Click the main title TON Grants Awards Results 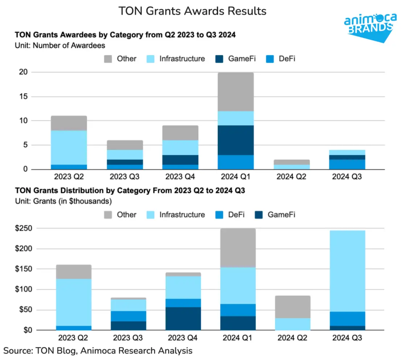[x=192, y=11]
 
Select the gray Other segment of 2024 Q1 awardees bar [x=235, y=92]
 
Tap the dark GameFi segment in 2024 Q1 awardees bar [x=235, y=140]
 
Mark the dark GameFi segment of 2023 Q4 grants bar [x=183, y=319]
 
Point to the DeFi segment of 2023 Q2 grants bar [x=73, y=328]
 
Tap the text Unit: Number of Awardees [x=60, y=45]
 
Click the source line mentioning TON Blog [x=98, y=351]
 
